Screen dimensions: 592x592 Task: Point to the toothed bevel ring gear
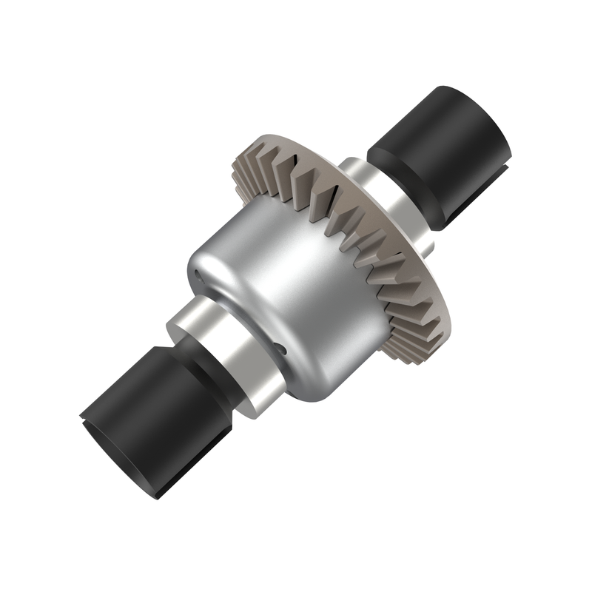348,222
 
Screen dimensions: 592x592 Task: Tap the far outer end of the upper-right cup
488,111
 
